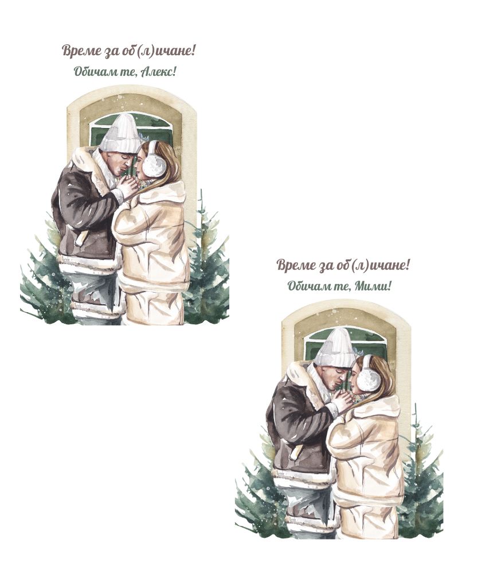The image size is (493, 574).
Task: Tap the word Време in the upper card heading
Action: pos(81,51)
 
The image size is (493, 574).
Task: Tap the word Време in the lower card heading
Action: pos(295,265)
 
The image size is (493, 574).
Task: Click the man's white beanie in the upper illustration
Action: pos(122,133)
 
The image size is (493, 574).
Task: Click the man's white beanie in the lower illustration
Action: pos(336,348)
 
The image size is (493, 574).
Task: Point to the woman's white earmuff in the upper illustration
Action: pos(155,163)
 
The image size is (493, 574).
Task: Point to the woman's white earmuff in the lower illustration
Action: pos(369,378)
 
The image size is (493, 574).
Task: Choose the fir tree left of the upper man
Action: pos(46,278)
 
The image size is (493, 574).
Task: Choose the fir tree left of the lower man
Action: pos(260,492)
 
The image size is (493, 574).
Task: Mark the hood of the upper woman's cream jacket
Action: pos(163,193)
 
